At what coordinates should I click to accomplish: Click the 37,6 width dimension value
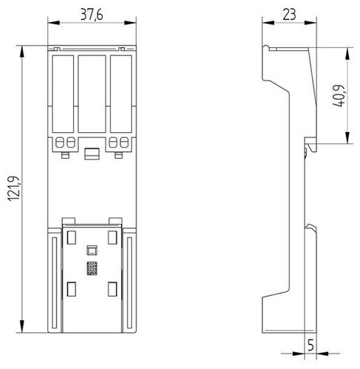92,15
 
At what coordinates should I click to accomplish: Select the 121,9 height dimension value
13,189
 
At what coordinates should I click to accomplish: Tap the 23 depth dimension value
289,15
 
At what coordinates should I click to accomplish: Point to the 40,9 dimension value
339,96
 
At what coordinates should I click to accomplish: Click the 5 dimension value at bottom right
311,345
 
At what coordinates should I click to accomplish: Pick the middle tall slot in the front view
92,94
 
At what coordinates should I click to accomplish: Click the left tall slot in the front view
63,94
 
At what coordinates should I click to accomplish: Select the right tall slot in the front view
121,94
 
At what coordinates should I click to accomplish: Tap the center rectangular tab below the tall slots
92,154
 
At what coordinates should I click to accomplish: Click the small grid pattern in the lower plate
92,268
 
